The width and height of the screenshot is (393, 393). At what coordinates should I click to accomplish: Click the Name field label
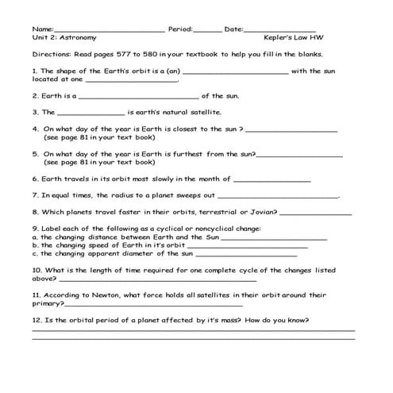42,29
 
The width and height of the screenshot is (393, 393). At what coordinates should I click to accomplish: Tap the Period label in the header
180,29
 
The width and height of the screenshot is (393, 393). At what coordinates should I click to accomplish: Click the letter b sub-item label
34,245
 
